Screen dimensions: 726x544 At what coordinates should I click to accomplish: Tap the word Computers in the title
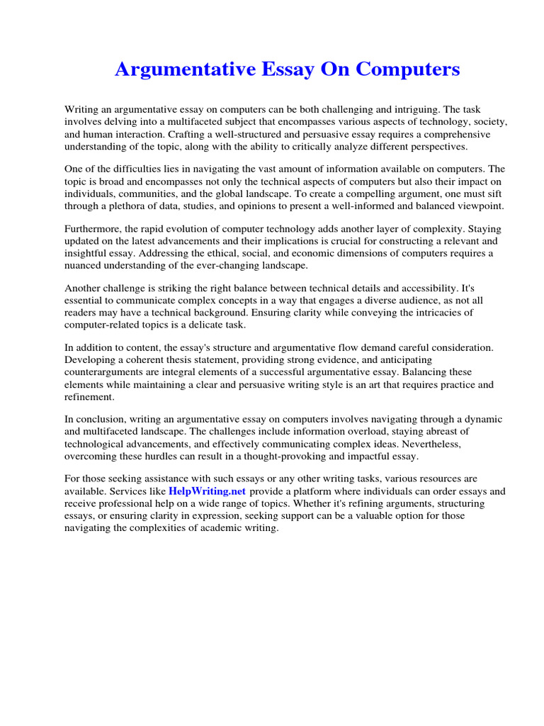click(x=409, y=69)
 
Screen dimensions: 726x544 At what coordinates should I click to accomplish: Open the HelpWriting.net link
click(x=207, y=491)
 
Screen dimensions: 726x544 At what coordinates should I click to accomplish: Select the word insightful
click(x=88, y=253)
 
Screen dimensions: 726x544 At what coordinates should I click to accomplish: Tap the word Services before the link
click(x=145, y=491)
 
